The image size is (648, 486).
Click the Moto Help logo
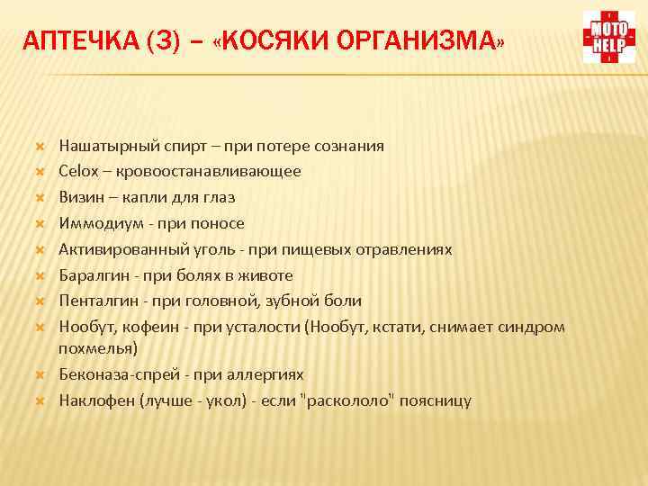pos(609,37)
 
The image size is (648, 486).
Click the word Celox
pos(78,171)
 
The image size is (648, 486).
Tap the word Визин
pos(79,197)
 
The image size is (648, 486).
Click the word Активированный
pos(113,249)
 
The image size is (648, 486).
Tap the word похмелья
pos(94,347)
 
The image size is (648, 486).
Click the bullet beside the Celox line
pos(40,171)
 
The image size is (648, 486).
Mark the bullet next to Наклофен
pos(40,400)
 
